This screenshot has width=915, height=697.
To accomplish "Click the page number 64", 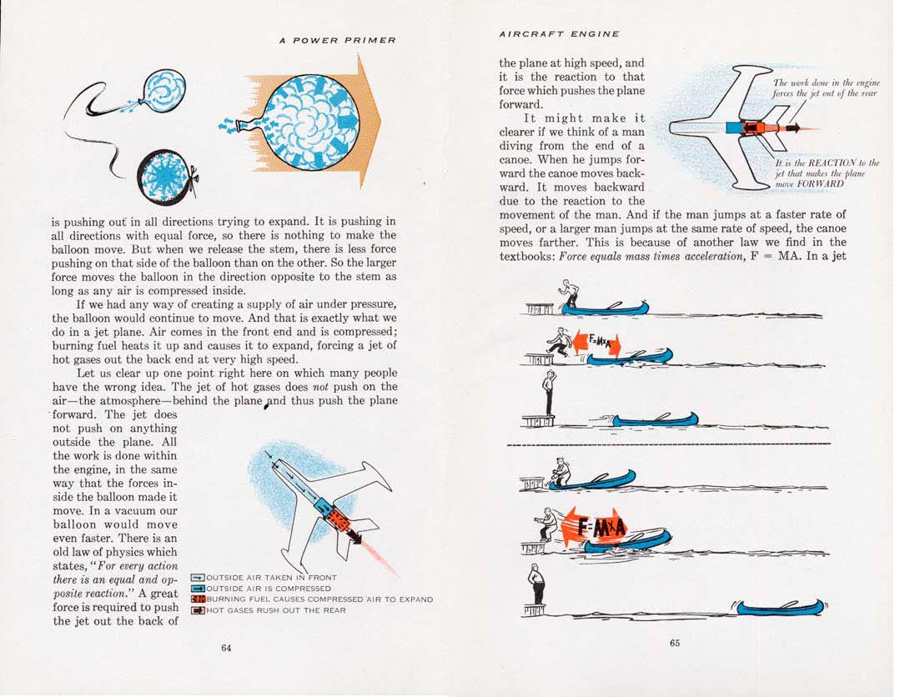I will click(x=225, y=649).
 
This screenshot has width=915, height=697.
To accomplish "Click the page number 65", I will click(x=674, y=642).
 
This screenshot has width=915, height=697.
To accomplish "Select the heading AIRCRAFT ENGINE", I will click(x=559, y=34).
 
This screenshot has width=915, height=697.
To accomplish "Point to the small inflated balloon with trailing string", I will click(x=164, y=91).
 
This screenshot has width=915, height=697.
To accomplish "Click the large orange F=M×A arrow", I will click(x=594, y=527).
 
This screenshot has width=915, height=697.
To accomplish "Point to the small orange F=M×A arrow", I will click(x=596, y=343).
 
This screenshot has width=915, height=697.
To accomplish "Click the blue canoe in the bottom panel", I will click(x=779, y=607).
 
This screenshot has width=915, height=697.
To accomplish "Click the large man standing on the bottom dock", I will click(x=536, y=584).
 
